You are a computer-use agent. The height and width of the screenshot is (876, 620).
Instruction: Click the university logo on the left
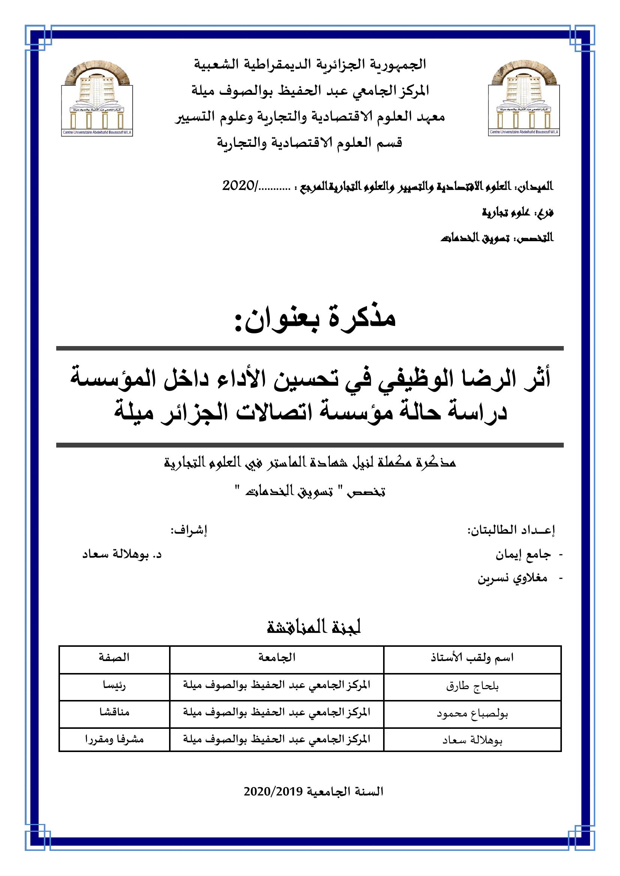click(97, 100)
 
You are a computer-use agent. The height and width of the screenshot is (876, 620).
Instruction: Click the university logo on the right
click(524, 100)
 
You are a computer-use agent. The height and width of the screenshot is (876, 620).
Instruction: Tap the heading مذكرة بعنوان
click(315, 318)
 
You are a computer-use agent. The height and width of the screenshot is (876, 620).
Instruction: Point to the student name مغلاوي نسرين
click(513, 579)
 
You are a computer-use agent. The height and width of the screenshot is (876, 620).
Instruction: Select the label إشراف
click(189, 530)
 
